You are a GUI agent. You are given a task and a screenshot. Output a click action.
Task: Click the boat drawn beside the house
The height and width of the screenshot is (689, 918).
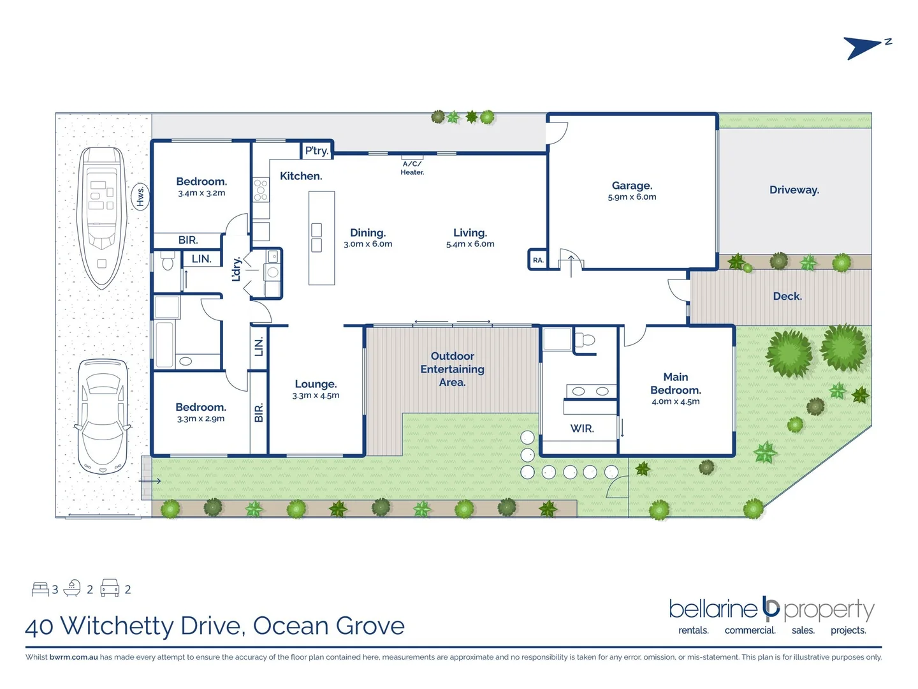(x=103, y=217)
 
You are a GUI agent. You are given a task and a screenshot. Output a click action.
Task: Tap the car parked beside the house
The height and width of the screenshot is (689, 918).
(x=102, y=418)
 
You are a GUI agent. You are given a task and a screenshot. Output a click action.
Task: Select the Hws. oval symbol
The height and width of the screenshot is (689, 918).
(x=141, y=196)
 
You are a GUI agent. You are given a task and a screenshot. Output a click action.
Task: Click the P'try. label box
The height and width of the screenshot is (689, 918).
(x=317, y=151)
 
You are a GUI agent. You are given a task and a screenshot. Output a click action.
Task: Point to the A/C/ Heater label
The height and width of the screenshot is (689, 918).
(x=412, y=168)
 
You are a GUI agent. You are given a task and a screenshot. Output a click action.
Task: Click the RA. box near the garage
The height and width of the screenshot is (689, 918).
(x=538, y=260)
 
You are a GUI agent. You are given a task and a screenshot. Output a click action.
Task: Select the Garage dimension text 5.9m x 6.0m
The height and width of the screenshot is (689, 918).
(x=632, y=197)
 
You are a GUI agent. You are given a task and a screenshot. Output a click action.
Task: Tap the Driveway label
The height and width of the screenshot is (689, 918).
(x=794, y=190)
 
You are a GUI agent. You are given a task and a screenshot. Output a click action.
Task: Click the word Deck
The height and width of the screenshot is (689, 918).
(x=787, y=296)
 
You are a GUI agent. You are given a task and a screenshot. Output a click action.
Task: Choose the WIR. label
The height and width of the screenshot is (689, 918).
(x=581, y=429)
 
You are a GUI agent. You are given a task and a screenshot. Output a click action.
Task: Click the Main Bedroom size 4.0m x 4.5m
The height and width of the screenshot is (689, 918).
(x=675, y=402)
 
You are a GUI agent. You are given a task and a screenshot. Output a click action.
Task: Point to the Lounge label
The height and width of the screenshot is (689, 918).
(x=316, y=384)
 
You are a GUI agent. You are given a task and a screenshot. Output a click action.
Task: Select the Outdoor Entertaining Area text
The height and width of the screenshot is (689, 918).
(x=452, y=369)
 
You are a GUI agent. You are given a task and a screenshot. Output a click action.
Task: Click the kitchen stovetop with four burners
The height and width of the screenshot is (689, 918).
(x=261, y=190)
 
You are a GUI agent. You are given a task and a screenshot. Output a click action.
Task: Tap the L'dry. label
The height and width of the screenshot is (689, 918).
(x=237, y=269)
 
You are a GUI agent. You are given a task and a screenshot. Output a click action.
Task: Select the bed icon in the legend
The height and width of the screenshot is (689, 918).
(x=40, y=589)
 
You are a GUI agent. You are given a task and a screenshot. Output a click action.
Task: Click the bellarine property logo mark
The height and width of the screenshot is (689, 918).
(x=771, y=609)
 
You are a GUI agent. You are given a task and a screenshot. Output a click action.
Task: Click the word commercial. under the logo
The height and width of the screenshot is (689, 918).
(x=750, y=630)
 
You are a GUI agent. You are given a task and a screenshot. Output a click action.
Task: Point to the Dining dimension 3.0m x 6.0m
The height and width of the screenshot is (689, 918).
(x=368, y=244)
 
